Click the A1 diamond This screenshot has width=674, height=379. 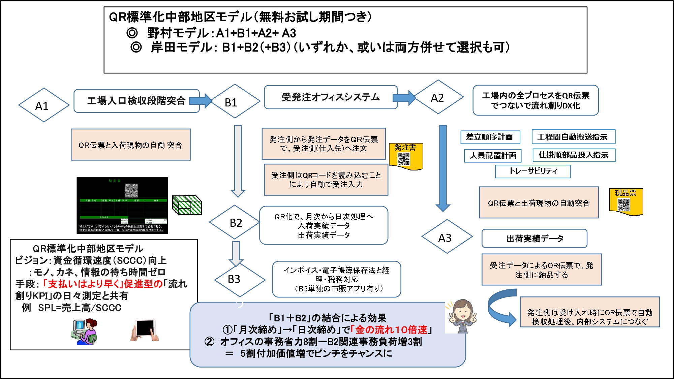click(x=43, y=105)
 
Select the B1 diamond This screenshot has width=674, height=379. click(x=235, y=101)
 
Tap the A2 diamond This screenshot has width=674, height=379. click(x=439, y=97)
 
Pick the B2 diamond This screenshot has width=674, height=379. click(x=235, y=223)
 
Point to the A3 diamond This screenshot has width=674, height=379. click(x=447, y=237)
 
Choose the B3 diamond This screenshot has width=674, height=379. click(x=240, y=279)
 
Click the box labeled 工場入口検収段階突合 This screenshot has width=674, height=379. click(x=136, y=101)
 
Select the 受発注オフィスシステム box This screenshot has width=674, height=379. click(x=331, y=97)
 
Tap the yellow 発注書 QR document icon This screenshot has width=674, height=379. click(x=405, y=156)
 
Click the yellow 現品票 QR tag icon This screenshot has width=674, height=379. click(x=626, y=202)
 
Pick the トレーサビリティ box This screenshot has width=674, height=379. click(x=533, y=171)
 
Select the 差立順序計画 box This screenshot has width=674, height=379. click(x=490, y=137)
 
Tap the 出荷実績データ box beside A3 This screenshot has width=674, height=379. click(x=534, y=239)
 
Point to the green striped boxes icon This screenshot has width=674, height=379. click(x=187, y=205)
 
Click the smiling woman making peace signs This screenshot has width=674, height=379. click(x=462, y=316)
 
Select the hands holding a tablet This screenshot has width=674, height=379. click(x=145, y=330)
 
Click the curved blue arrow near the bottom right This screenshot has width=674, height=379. click(x=500, y=307)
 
